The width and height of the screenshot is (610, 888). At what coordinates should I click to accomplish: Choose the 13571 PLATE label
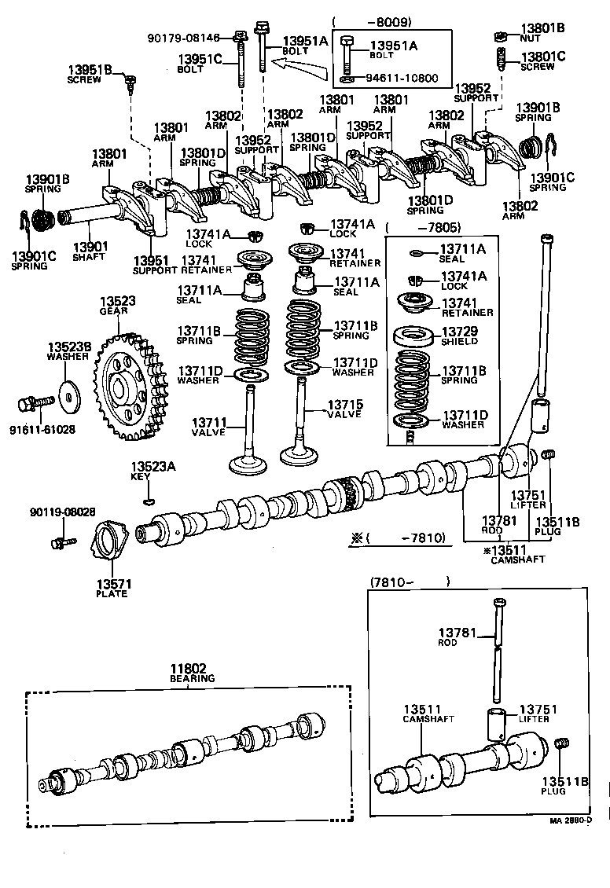[112, 588]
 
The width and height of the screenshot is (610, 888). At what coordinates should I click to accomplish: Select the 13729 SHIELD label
[462, 336]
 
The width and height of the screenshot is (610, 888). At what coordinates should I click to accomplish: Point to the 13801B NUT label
[542, 32]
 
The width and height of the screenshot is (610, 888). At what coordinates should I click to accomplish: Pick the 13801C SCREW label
[542, 61]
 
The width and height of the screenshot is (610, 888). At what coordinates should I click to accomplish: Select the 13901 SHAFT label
[87, 251]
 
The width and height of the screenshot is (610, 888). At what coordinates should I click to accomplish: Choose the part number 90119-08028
[63, 512]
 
